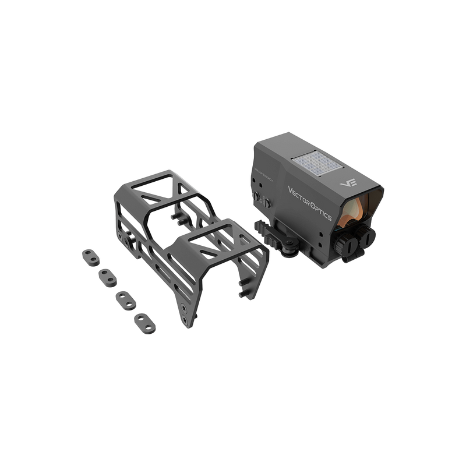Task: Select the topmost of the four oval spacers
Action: pyautogui.click(x=89, y=255)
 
